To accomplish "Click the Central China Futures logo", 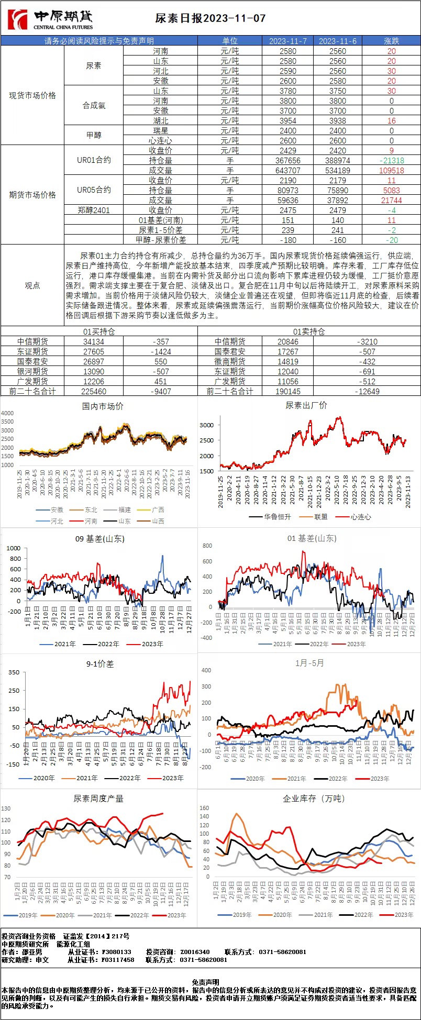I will click(50, 19).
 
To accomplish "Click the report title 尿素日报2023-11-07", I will click(210, 18).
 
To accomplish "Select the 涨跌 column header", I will click(391, 41).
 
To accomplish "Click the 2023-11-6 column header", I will click(337, 41).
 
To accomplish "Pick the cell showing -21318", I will click(391, 161).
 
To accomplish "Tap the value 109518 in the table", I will click(391, 171).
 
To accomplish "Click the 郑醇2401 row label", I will click(94, 210).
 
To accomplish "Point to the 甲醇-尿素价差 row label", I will click(161, 240).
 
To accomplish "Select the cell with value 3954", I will click(287, 121).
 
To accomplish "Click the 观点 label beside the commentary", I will click(32, 285).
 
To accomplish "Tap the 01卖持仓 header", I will click(309, 331).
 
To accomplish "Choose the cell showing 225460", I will click(94, 391).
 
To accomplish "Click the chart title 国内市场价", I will click(103, 406).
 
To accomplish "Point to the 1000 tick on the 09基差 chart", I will click(14, 548).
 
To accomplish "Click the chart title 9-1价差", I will click(99, 664).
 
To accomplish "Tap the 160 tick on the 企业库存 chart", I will click(204, 808).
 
